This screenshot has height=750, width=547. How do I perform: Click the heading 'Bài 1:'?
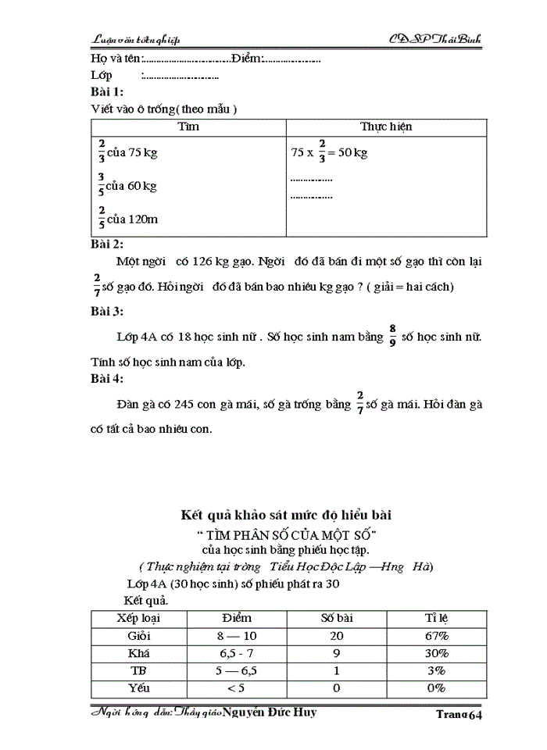click(107, 91)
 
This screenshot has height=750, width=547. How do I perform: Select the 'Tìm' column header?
click(188, 127)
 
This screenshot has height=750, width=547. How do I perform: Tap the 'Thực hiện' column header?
click(385, 127)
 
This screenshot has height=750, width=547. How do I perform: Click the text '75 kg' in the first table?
click(142, 153)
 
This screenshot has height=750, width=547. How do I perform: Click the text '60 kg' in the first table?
click(142, 186)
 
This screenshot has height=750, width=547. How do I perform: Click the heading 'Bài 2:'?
click(107, 245)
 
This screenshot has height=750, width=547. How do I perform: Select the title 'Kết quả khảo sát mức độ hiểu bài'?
click(286, 515)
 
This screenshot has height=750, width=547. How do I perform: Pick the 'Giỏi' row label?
click(138, 636)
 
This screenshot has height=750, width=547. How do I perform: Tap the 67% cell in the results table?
click(437, 636)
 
